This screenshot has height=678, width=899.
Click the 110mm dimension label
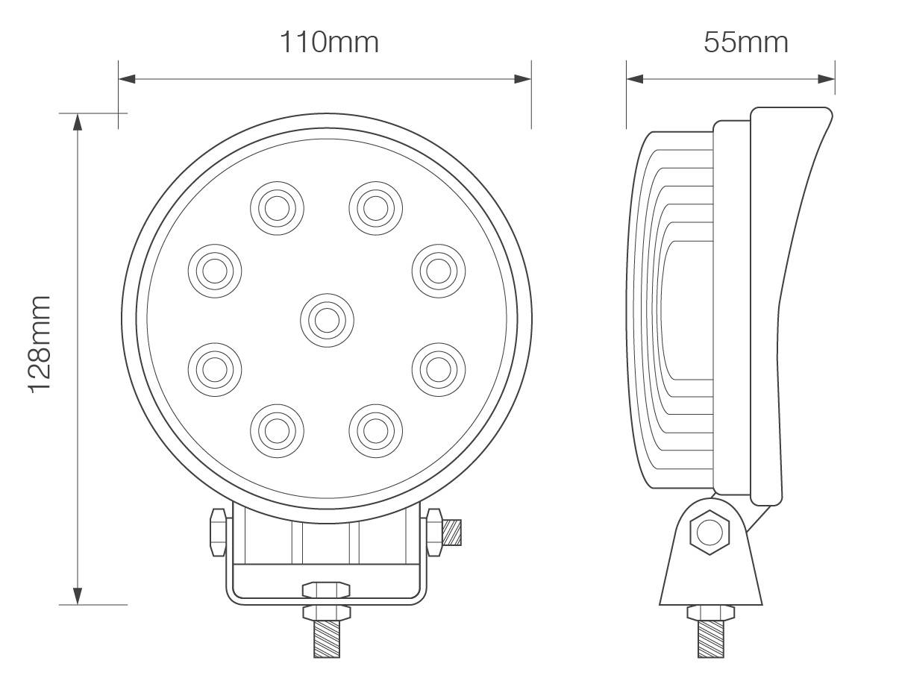[x=329, y=42]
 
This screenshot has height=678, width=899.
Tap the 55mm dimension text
[x=745, y=42]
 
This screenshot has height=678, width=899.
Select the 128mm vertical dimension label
[x=39, y=343]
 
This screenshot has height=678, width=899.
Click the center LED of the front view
[x=327, y=320]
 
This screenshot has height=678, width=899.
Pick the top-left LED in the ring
[x=277, y=207]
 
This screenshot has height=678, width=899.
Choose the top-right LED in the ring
[x=376, y=207]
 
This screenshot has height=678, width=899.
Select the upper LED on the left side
[x=214, y=270]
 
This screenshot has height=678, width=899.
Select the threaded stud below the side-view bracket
[x=710, y=639]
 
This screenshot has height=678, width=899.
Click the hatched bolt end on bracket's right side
[x=452, y=532]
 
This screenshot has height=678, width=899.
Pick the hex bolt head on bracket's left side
[x=218, y=531]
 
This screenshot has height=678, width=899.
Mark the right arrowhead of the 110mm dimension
[x=523, y=78]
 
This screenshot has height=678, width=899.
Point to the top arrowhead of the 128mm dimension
[x=77, y=122]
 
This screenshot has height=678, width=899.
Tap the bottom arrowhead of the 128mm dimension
[x=77, y=596]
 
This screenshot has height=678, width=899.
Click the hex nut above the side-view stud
[x=710, y=613]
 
